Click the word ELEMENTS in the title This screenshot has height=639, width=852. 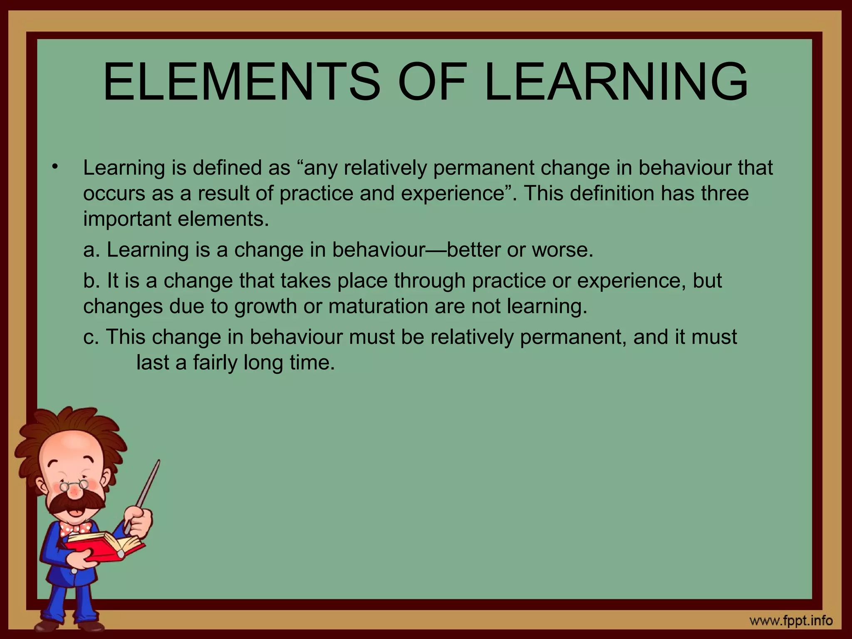click(x=241, y=82)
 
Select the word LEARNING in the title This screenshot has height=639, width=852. click(x=616, y=82)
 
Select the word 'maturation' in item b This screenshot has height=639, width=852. click(x=379, y=306)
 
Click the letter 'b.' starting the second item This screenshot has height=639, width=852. click(x=92, y=280)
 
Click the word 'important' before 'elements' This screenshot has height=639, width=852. click(x=127, y=219)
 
